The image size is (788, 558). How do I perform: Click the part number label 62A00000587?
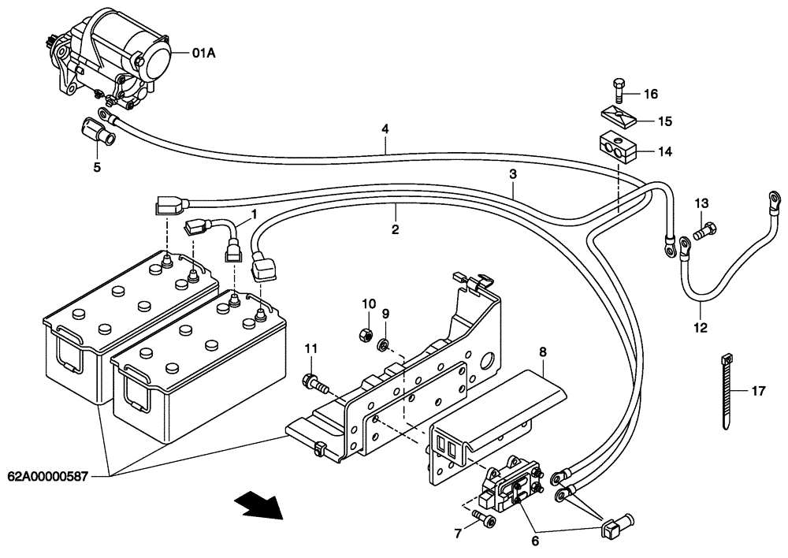coord(49,476)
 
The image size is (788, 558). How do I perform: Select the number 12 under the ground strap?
coord(701,327)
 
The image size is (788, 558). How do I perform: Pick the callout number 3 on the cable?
coord(512,173)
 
